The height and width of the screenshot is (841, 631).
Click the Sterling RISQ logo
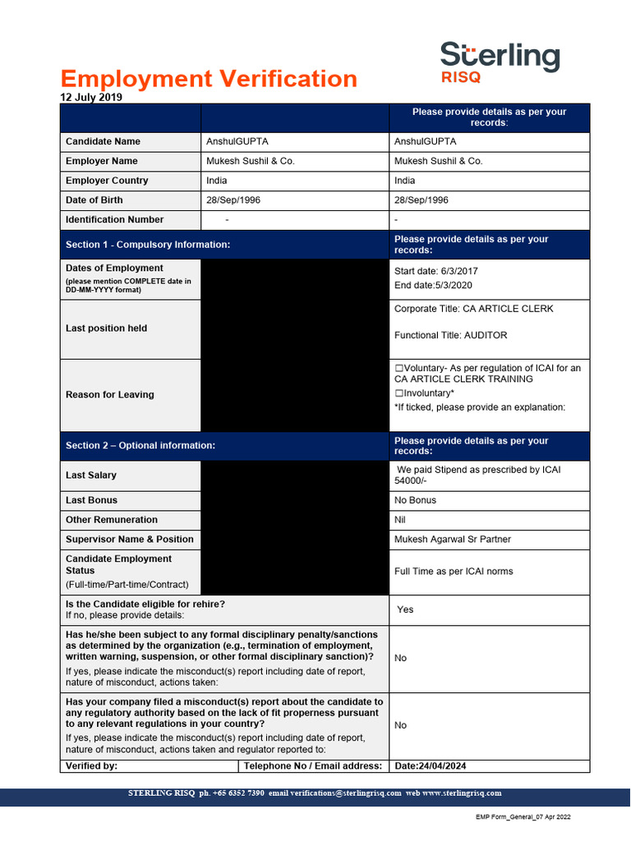[500, 62]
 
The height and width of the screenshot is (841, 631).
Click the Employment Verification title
[209, 79]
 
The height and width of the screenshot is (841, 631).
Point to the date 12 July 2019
[91, 97]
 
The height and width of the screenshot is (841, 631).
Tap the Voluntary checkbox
[398, 368]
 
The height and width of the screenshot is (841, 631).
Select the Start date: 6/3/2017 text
[435, 271]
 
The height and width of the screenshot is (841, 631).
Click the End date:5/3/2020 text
[433, 285]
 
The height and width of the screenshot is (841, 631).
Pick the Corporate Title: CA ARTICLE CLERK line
[473, 309]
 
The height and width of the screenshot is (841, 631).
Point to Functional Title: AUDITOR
[450, 335]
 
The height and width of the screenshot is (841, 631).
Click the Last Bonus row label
[91, 500]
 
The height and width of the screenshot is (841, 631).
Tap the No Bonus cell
[415, 500]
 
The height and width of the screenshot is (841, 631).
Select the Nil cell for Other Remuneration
[400, 520]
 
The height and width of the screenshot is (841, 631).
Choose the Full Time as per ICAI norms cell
[454, 572]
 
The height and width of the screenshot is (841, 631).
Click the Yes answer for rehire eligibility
[405, 609]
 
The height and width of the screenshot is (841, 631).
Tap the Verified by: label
[91, 766]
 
